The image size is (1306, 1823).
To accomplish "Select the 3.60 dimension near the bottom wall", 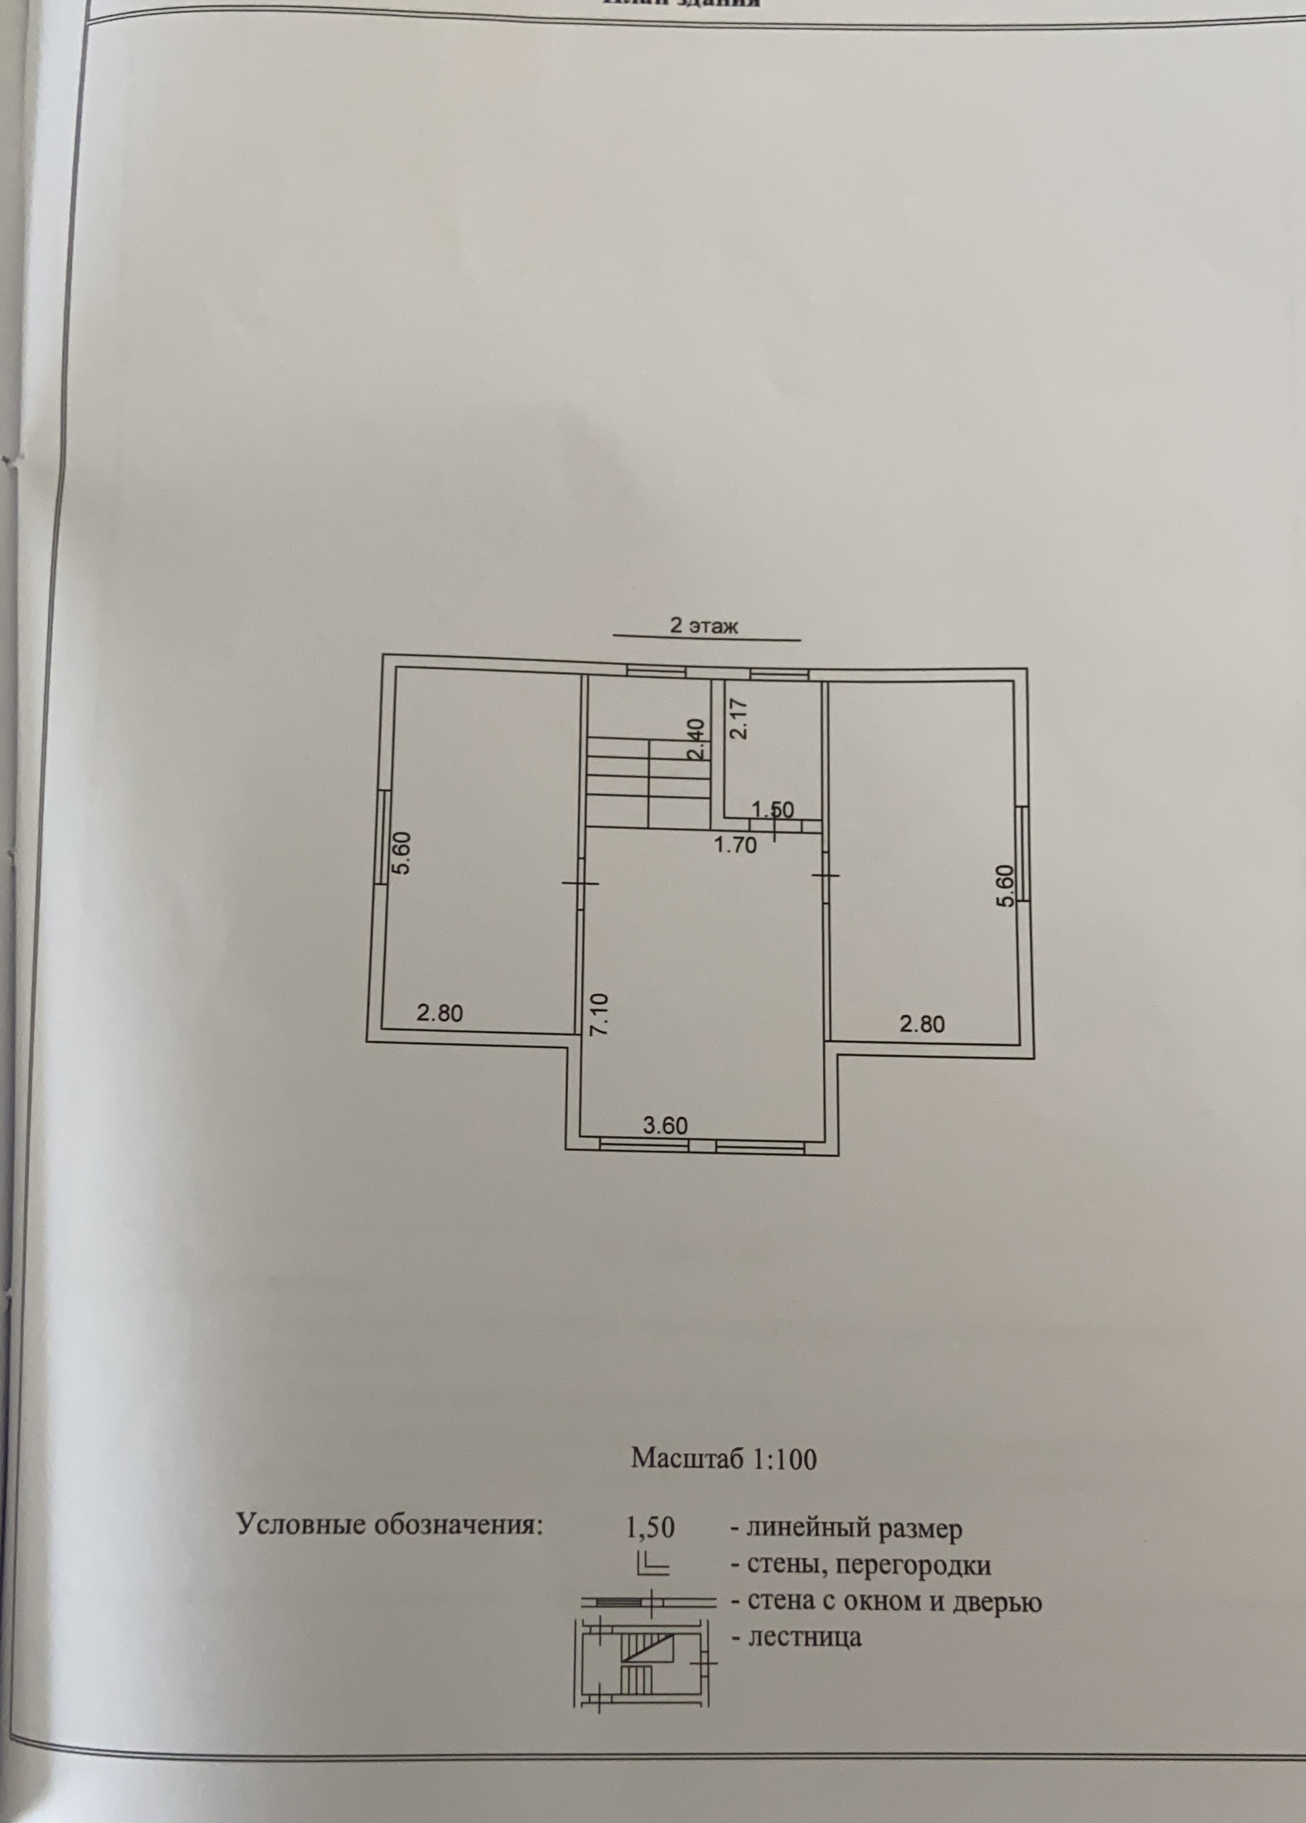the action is tap(665, 1125).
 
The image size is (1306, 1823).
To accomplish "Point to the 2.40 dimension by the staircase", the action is tap(696, 739).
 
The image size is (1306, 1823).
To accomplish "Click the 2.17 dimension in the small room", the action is tap(739, 718).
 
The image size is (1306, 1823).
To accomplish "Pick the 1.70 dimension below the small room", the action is tap(735, 845).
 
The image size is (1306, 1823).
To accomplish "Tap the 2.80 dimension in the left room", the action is tap(439, 1013).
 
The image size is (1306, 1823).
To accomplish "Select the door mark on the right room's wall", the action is tap(826, 875).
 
